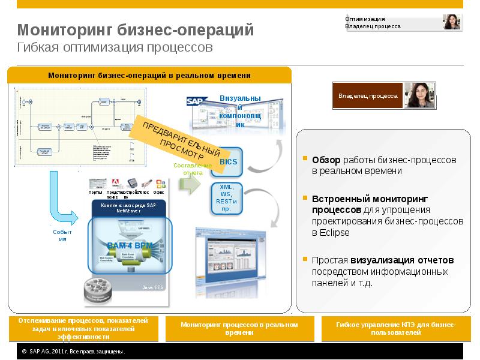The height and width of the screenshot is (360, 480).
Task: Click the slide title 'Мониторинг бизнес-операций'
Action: pos(135,30)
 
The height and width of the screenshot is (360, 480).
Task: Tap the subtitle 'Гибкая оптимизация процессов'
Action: pos(115,47)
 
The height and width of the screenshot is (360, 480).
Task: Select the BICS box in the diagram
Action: pos(229,162)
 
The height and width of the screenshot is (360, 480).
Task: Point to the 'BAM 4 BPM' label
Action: pos(130,245)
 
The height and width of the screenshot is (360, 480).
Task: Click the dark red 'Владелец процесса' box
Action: pos(368,95)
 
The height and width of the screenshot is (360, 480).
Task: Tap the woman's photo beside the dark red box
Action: pos(419,95)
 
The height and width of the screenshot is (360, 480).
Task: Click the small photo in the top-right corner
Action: pos(452,22)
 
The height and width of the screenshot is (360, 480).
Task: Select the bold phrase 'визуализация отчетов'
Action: pos(410,260)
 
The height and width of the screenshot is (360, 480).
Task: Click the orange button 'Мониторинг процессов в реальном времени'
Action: pos(239,328)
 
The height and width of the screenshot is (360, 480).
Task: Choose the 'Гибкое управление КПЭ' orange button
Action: pos(396,328)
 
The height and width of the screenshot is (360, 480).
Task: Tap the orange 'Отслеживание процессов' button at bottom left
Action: pos(83,329)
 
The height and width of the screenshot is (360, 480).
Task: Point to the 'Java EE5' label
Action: pos(152,288)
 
